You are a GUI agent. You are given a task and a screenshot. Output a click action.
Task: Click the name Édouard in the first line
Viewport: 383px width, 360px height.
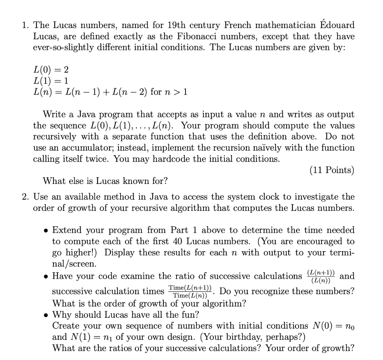click(x=337, y=25)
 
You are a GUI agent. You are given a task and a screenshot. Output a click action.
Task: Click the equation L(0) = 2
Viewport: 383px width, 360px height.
click(x=51, y=70)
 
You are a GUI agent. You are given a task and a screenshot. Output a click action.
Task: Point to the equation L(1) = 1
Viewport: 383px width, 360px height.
click(x=51, y=80)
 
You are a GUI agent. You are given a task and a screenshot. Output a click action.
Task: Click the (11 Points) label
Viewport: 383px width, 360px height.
click(x=332, y=170)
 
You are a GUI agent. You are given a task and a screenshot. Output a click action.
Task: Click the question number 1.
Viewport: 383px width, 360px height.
click(x=25, y=26)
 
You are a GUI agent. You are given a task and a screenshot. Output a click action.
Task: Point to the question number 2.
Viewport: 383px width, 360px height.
click(x=25, y=197)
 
